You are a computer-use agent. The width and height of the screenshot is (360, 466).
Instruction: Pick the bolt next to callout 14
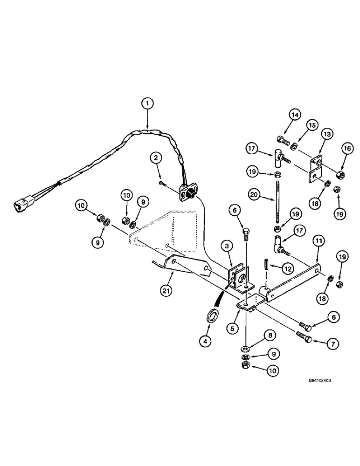282,138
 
